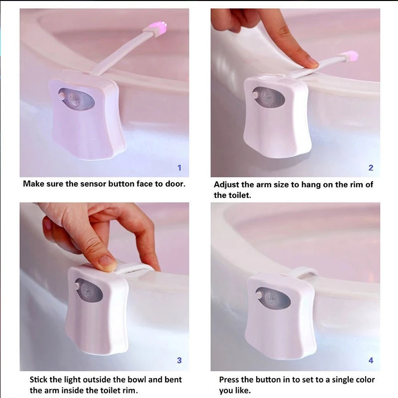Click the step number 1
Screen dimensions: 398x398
click(x=180, y=168)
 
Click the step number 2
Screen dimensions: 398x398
click(x=371, y=168)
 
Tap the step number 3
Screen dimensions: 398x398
click(x=179, y=360)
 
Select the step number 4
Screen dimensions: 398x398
click(x=371, y=360)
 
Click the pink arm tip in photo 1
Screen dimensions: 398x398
click(x=159, y=27)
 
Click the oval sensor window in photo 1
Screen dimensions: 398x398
click(x=76, y=99)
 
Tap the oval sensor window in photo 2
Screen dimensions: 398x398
click(x=269, y=97)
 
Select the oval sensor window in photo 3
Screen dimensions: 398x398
click(x=89, y=290)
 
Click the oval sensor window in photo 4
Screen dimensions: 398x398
click(x=273, y=298)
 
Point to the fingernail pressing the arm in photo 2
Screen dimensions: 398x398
click(x=312, y=61)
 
